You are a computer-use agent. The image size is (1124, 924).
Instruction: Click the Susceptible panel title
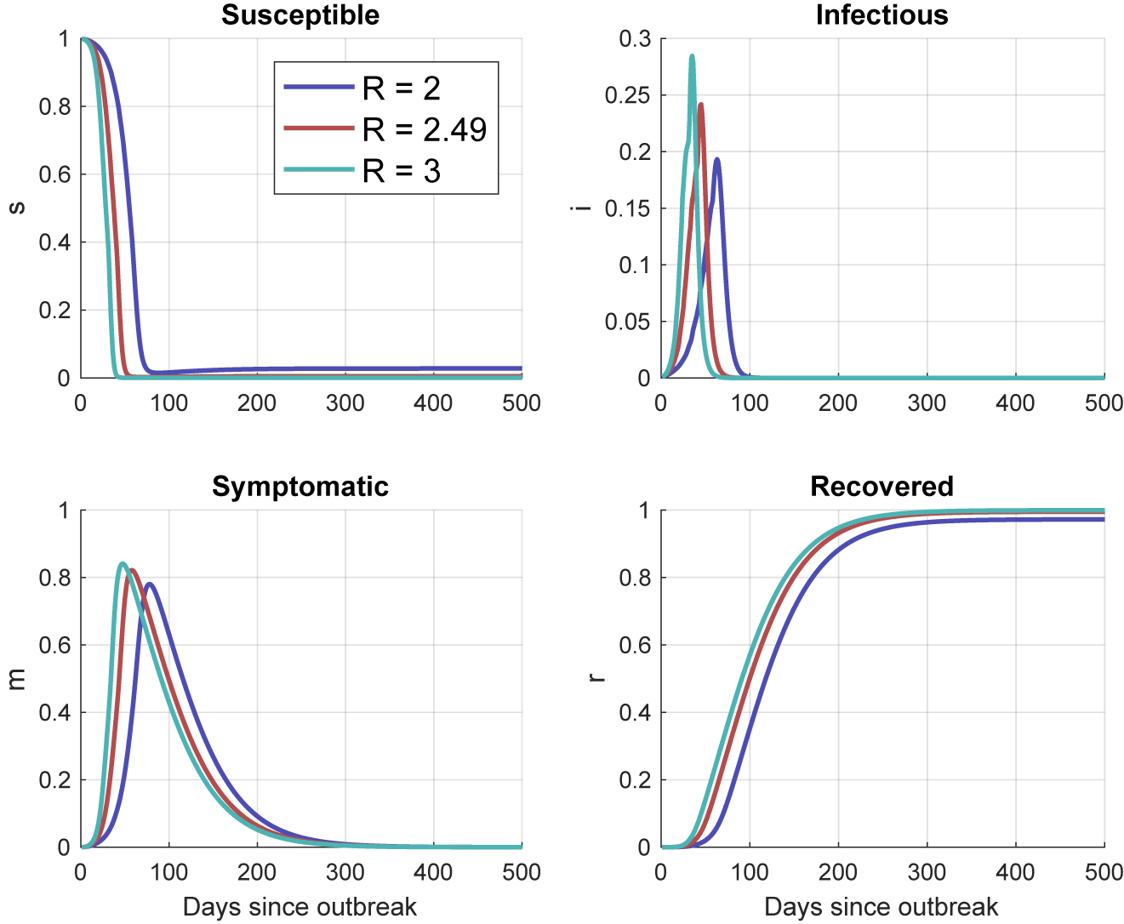click(x=300, y=15)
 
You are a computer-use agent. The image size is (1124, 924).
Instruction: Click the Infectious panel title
click(x=882, y=15)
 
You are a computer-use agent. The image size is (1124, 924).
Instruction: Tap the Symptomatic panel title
click(x=300, y=487)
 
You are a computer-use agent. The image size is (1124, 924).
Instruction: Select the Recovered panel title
click(x=882, y=487)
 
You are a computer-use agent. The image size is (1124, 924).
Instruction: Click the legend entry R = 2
click(x=401, y=88)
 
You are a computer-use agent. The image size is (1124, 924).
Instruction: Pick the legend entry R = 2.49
click(x=424, y=129)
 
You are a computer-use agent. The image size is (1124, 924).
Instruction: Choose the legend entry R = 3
click(x=401, y=171)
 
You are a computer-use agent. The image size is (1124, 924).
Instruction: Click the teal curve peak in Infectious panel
click(x=692, y=57)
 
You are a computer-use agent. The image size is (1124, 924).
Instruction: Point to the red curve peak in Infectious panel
click(x=701, y=105)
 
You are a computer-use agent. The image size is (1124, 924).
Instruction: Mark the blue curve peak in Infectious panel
click(x=717, y=159)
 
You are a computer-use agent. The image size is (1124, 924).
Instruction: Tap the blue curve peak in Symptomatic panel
click(x=150, y=584)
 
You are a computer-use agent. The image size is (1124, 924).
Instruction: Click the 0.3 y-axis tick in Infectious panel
click(x=635, y=39)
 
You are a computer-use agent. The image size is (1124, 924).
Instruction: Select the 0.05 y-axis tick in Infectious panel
click(x=627, y=322)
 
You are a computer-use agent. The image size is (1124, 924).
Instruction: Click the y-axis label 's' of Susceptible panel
click(x=16, y=208)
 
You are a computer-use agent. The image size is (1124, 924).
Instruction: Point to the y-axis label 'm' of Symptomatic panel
click(x=16, y=679)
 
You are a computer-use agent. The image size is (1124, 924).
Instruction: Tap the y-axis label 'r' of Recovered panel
click(x=597, y=678)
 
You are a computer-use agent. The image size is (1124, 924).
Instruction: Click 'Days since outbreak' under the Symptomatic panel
click(x=300, y=907)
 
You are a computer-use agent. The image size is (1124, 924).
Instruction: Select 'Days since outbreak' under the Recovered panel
click(x=882, y=907)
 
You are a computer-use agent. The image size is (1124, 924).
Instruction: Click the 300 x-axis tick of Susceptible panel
click(x=345, y=403)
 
